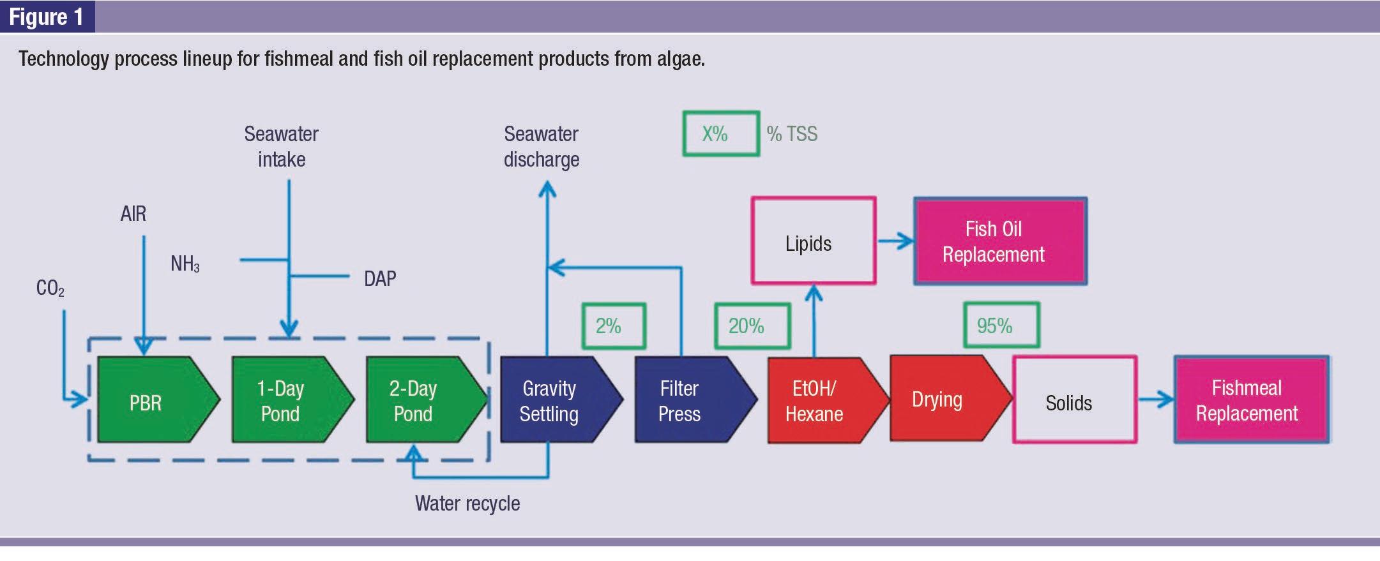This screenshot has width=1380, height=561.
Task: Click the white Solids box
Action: tap(1075, 400)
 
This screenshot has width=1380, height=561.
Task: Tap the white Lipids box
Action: tap(814, 241)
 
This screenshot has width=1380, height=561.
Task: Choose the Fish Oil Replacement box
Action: tap(1001, 241)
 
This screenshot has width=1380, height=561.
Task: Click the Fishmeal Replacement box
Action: tap(1252, 400)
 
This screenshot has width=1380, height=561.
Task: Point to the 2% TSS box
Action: tap(614, 326)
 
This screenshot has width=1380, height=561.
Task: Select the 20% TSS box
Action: tap(752, 326)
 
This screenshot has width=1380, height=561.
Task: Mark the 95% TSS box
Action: tap(1001, 325)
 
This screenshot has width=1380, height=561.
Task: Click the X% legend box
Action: tap(721, 133)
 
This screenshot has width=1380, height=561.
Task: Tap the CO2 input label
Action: tap(50, 288)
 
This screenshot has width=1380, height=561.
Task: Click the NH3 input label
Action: tap(185, 264)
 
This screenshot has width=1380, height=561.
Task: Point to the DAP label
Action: tap(380, 278)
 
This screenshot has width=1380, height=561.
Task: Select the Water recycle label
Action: tap(467, 504)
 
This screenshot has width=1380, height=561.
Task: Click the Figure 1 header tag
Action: tap(47, 17)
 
